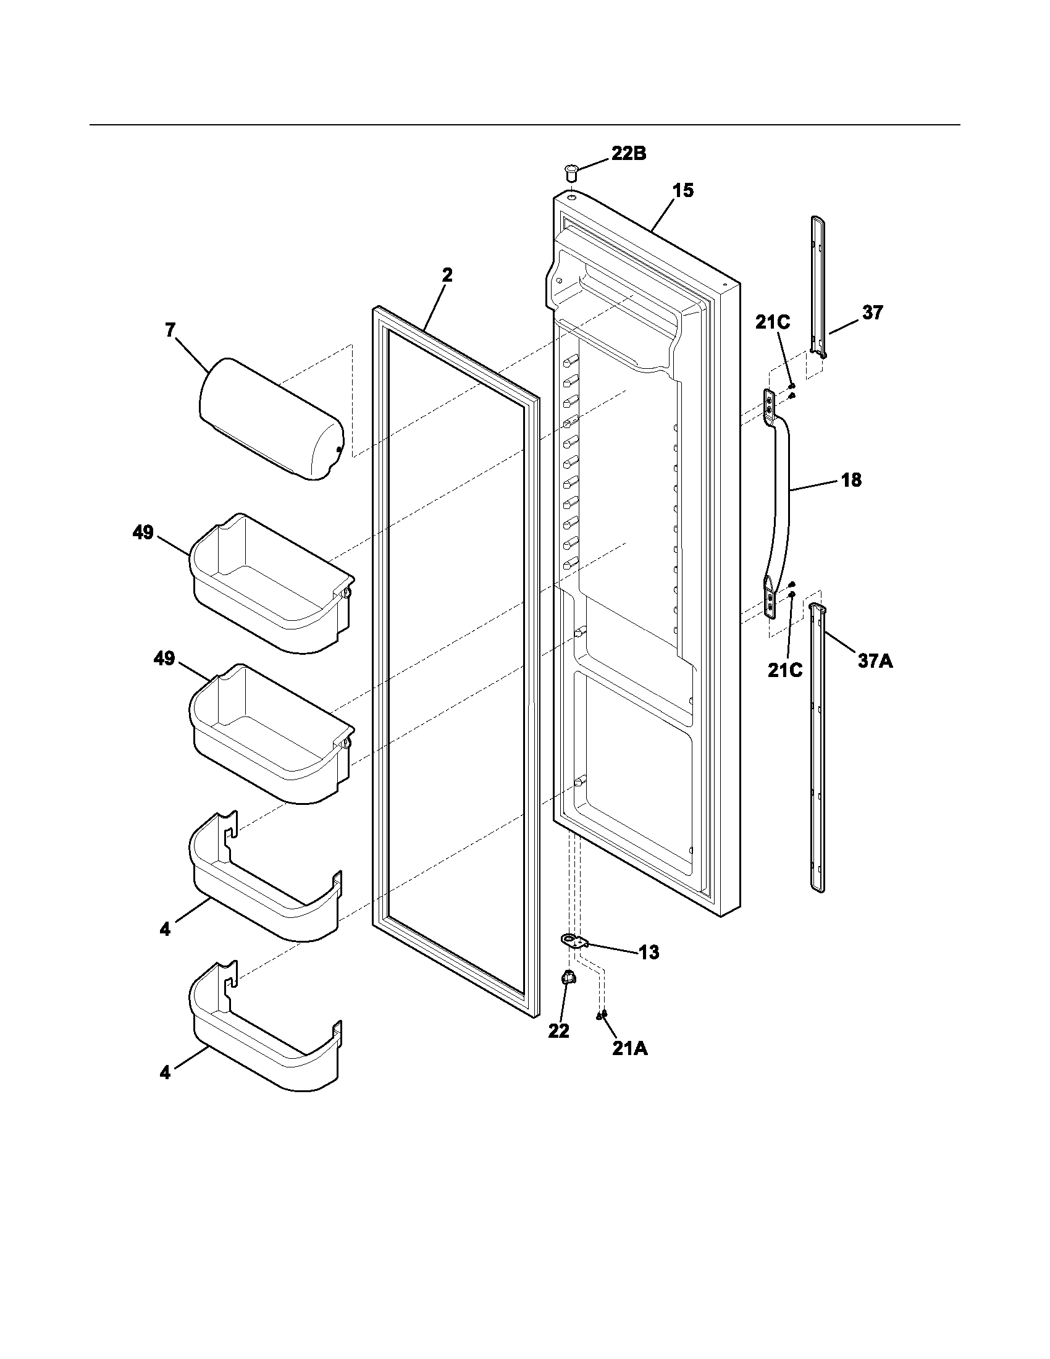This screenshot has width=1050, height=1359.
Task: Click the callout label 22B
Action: (628, 154)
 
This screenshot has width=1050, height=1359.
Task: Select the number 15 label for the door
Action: (682, 190)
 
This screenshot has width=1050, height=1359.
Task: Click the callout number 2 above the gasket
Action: (447, 276)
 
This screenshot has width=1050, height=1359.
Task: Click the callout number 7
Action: (170, 330)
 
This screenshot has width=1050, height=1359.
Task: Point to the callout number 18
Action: (852, 480)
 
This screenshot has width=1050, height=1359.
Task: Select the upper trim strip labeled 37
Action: (819, 286)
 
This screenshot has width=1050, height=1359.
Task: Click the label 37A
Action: (875, 660)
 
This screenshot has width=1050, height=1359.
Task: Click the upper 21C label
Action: (773, 322)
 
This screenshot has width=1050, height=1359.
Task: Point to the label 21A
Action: (629, 1048)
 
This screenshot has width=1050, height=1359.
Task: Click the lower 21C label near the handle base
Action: (784, 670)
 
